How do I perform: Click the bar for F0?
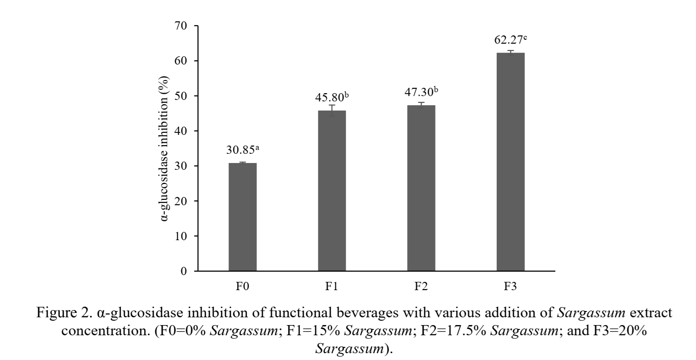(243, 217)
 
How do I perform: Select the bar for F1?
(332, 191)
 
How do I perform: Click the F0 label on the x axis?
(243, 287)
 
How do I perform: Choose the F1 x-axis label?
(332, 287)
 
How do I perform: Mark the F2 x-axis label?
(421, 287)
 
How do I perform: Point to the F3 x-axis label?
(510, 287)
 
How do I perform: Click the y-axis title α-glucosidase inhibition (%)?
(166, 148)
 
